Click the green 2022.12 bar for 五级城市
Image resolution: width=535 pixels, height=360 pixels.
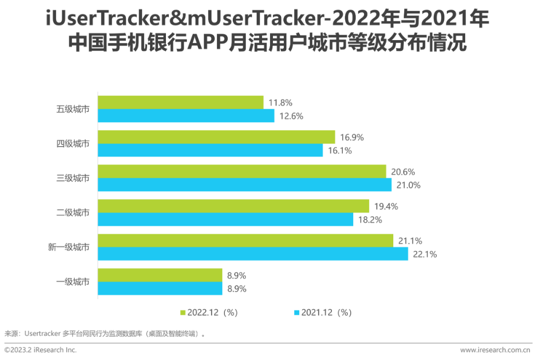click(181, 103)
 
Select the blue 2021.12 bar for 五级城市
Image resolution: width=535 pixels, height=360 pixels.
click(186, 116)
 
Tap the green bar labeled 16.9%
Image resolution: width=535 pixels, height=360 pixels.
click(216, 137)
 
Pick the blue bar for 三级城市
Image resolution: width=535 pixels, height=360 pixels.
click(245, 185)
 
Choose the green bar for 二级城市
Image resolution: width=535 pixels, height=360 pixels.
click(233, 206)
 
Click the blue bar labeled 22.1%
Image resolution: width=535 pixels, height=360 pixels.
click(253, 254)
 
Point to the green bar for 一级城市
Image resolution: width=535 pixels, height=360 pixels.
click(160, 275)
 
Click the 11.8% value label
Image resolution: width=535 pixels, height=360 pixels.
click(280, 103)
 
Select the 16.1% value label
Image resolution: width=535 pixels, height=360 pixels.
click(340, 151)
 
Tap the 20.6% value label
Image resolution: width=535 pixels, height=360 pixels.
click(403, 172)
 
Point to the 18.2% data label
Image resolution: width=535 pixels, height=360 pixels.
click(370, 220)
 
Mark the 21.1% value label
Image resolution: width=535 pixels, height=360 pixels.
click(410, 241)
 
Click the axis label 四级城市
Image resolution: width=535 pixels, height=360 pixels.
click(73, 144)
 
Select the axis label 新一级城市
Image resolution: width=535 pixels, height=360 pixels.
click(69, 247)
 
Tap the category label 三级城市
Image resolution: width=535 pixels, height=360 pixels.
click(73, 178)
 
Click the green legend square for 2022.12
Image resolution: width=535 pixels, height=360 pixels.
click(183, 312)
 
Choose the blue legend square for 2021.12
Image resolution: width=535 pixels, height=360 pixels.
click(297, 312)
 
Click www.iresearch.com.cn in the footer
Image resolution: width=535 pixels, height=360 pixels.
click(495, 350)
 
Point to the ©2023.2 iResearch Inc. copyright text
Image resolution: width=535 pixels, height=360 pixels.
click(41, 350)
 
